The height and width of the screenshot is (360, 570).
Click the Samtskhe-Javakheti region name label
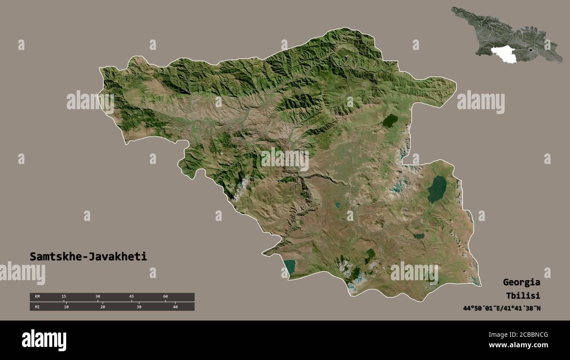pyautogui.click(x=88, y=257)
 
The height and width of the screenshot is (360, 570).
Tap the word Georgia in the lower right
pyautogui.click(x=521, y=282)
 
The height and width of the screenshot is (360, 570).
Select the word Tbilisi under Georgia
pyautogui.click(x=522, y=295)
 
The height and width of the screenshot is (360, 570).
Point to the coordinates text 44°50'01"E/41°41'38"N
pyautogui.click(x=502, y=308)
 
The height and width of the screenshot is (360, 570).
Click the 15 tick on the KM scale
pyautogui.click(x=64, y=297)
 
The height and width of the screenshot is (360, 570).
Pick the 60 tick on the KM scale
pyautogui.click(x=165, y=297)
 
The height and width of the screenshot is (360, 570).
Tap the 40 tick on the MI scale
pyautogui.click(x=175, y=307)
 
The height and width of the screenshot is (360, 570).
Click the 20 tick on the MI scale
pyautogui.click(x=103, y=307)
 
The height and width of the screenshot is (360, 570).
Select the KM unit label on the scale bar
pyautogui.click(x=37, y=297)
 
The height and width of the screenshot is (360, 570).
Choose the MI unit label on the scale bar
pyautogui.click(x=37, y=307)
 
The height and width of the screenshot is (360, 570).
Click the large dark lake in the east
pyautogui.click(x=437, y=189)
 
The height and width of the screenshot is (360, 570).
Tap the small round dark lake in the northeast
pyautogui.click(x=389, y=121)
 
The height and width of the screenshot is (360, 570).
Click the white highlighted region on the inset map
pyautogui.click(x=504, y=54)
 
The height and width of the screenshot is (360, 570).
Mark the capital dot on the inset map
pyautogui.click(x=531, y=50)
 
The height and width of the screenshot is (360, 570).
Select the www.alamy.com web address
pyautogui.click(x=518, y=345)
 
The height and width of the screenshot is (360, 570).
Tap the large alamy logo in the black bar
pyautogui.click(x=44, y=340)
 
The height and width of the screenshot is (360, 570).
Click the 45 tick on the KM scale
pyautogui.click(x=132, y=297)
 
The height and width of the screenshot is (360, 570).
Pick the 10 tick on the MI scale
pyautogui.click(x=66, y=307)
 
